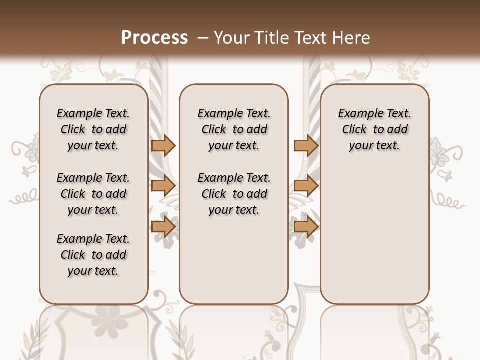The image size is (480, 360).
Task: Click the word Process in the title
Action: (x=154, y=38)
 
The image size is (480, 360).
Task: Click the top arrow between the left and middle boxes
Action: (x=163, y=145)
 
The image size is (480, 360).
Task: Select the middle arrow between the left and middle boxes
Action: (x=163, y=186)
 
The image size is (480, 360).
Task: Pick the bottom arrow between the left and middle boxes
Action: (x=163, y=227)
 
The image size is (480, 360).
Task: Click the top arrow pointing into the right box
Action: (x=306, y=145)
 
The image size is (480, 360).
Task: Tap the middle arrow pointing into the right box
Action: (x=306, y=186)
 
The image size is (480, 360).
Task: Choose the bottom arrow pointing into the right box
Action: (x=306, y=227)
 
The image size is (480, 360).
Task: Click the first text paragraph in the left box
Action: (x=93, y=129)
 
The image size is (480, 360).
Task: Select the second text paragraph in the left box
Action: (x=93, y=194)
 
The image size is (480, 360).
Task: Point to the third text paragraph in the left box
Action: (x=93, y=255)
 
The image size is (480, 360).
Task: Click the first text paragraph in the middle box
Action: (x=234, y=129)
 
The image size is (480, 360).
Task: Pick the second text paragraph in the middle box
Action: (x=234, y=194)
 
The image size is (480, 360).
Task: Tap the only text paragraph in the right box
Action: (x=374, y=129)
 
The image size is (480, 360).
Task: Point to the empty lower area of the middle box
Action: (x=234, y=260)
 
